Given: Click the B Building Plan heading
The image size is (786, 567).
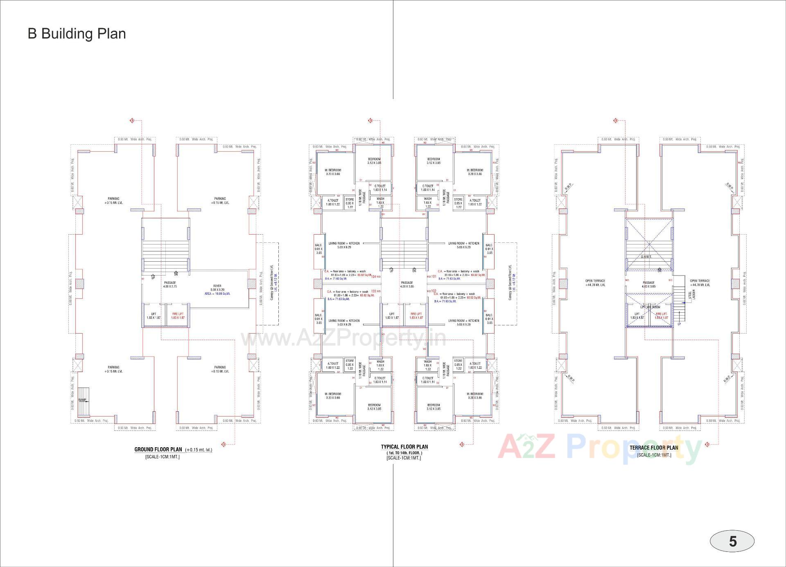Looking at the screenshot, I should tap(77, 34).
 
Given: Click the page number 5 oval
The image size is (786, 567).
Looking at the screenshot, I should tap(732, 541).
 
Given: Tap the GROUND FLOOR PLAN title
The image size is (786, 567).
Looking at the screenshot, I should tap(158, 449).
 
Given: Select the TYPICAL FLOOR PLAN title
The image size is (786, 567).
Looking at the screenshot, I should tap(404, 447).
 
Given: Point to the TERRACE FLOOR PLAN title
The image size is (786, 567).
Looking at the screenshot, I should tap(654, 448).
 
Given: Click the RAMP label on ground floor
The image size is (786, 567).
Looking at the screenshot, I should tap(82, 400).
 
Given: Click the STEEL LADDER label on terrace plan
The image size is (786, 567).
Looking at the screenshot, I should tap(691, 294).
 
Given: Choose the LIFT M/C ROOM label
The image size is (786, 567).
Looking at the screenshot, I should tap(650, 307).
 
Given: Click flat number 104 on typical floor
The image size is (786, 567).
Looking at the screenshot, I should tap(373, 277).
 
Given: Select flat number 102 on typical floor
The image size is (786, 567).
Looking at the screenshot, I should tap(434, 291).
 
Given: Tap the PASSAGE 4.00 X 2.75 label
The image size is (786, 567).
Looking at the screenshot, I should tap(170, 285).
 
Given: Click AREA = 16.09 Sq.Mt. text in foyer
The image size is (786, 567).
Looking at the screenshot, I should tap(217, 294).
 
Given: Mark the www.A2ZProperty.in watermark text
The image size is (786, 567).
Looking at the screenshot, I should tap(343, 339).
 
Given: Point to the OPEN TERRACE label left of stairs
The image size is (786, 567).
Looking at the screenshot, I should tap(595, 283).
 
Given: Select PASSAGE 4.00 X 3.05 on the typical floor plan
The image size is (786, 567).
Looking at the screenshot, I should tap(407, 285).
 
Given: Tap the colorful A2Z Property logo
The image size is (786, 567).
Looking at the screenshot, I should tap(600, 448).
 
